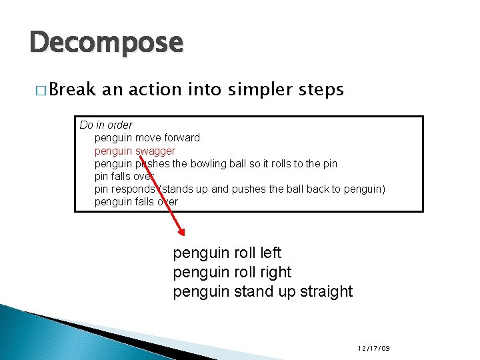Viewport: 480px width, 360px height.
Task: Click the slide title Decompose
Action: click(x=105, y=43)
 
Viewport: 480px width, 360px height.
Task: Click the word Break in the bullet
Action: click(x=72, y=89)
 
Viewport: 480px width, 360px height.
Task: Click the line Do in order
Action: click(x=106, y=125)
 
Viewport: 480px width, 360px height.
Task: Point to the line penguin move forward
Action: click(x=147, y=138)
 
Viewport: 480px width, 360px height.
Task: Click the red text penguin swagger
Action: click(x=135, y=151)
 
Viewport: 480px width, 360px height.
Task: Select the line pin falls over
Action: click(x=124, y=176)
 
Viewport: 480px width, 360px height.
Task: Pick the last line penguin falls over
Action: click(x=136, y=201)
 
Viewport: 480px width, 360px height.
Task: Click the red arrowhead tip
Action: click(x=183, y=234)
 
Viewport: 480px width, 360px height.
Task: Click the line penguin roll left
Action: click(x=227, y=253)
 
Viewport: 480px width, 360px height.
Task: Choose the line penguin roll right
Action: click(x=232, y=273)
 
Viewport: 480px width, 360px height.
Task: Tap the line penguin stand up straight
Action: click(x=263, y=292)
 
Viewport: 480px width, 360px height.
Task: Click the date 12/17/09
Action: click(x=373, y=349)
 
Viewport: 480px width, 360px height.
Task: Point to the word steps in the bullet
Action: click(x=323, y=89)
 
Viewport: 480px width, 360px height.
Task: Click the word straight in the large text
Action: click(x=326, y=292)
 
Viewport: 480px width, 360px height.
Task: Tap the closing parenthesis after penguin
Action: click(x=383, y=189)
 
